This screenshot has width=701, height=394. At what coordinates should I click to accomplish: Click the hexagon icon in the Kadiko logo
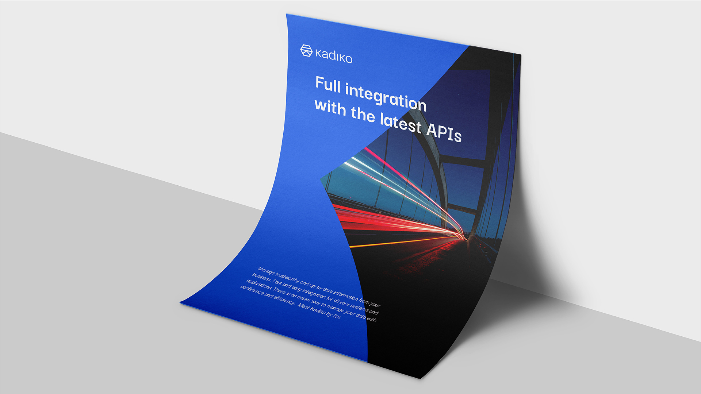tap(306, 51)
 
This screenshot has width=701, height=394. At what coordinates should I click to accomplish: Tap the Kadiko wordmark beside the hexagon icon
tap(334, 57)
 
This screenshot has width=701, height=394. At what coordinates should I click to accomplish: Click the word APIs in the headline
tap(444, 132)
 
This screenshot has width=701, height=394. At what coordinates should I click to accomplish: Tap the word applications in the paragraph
tap(259, 285)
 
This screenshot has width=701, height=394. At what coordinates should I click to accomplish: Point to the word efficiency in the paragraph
tap(284, 299)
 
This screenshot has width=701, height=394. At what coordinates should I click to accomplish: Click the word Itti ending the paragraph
tap(337, 316)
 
